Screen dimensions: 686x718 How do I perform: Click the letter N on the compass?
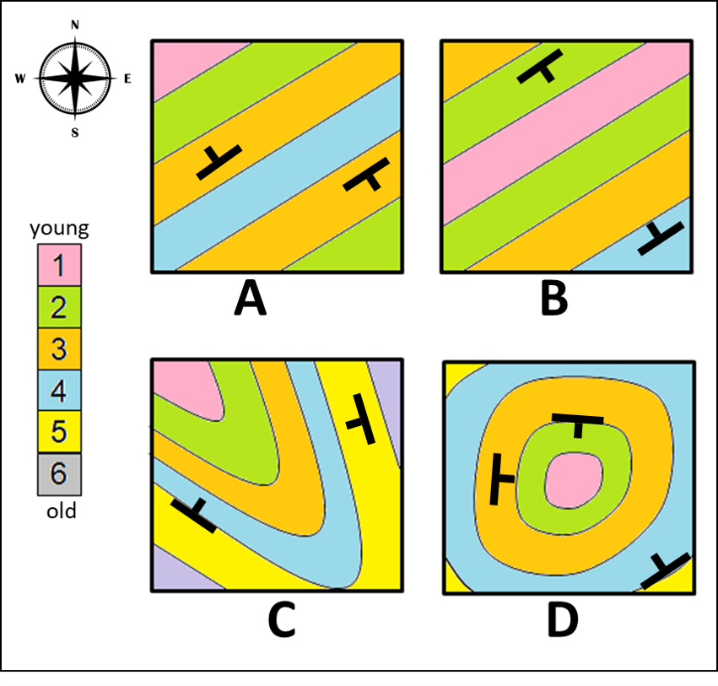(x=75, y=24)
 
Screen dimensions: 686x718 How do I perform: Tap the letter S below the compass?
(x=75, y=132)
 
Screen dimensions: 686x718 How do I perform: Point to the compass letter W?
(x=20, y=79)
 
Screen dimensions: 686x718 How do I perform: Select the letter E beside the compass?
(x=127, y=79)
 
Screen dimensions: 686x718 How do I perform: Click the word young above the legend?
(x=59, y=228)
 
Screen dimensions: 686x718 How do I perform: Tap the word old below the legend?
(x=58, y=511)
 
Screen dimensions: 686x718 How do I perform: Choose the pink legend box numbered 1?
(x=58, y=265)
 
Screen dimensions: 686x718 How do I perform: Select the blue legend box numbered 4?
(x=58, y=390)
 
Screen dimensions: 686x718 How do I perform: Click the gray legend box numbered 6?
(x=58, y=473)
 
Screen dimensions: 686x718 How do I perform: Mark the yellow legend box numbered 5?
(x=58, y=431)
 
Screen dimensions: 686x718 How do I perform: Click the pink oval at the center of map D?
(x=575, y=482)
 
